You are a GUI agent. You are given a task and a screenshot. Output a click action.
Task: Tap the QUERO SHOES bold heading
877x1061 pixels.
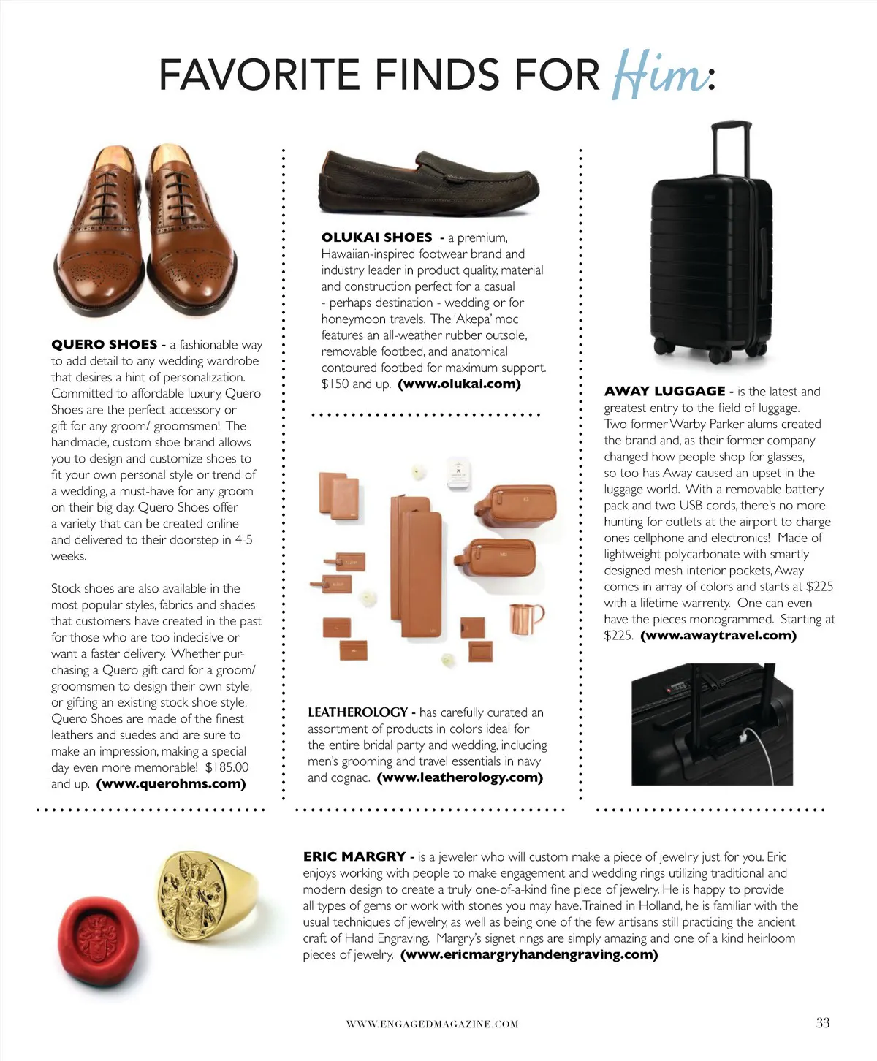105,344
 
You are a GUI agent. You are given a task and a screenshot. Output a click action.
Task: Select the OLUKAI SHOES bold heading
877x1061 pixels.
377,237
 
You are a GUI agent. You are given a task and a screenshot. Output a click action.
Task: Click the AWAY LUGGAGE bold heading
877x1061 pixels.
664,391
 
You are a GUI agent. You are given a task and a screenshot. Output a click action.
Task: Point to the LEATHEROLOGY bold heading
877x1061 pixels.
358,712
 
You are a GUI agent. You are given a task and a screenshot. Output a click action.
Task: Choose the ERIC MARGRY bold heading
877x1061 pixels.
354,856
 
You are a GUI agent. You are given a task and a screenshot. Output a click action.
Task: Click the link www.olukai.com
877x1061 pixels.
460,384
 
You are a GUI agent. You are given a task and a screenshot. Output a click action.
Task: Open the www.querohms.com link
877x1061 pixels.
171,784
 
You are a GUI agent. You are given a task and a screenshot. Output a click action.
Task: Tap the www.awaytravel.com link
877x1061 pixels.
718,635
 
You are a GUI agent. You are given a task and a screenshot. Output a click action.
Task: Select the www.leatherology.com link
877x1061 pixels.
460,777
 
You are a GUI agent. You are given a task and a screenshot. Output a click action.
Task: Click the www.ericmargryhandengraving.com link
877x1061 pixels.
529,954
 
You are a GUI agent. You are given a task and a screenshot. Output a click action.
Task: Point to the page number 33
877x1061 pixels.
823,1023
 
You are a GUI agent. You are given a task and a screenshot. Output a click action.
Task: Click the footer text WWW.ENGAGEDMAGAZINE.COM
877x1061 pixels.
432,1024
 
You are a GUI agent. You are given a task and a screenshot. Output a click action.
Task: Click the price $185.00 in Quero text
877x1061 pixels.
227,767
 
